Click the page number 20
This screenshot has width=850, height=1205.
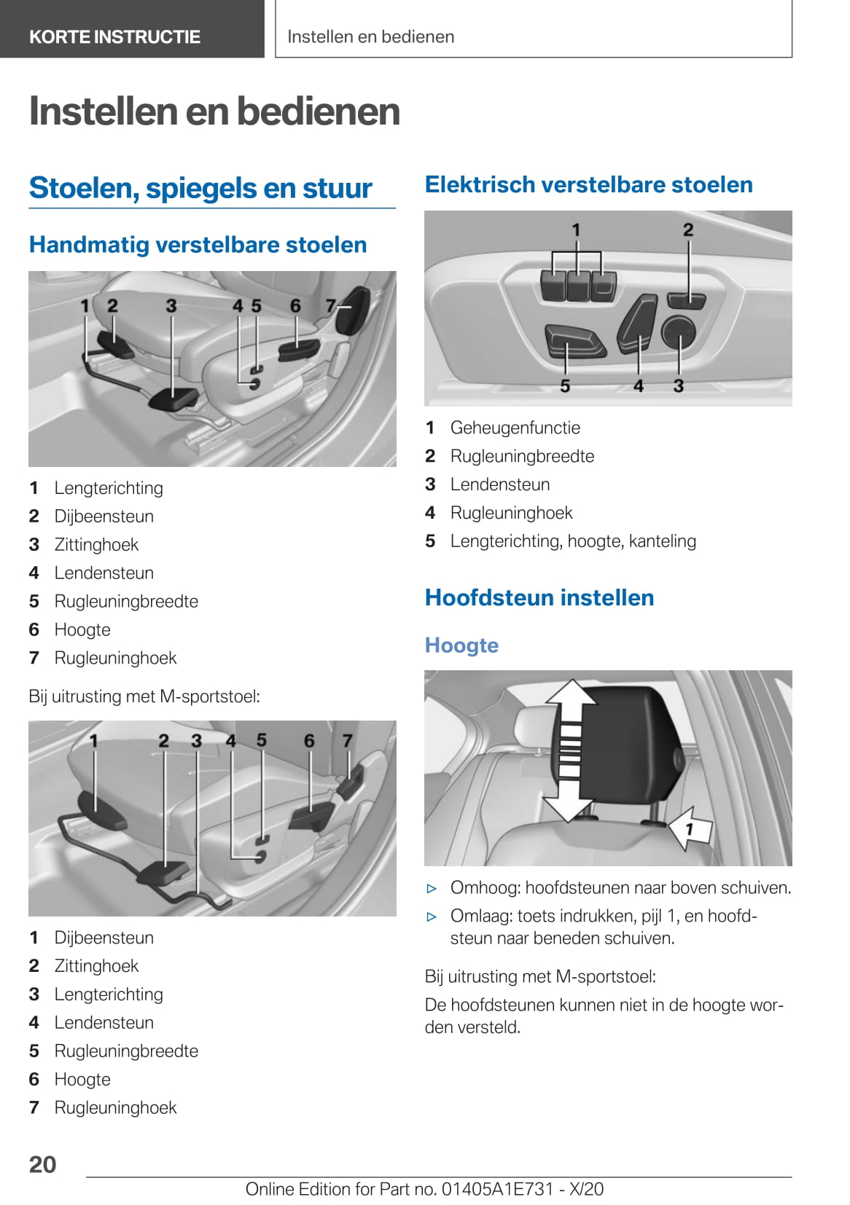(x=42, y=1163)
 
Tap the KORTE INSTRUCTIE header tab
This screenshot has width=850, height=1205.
(x=114, y=36)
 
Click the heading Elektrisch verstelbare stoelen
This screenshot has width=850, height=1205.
(x=588, y=184)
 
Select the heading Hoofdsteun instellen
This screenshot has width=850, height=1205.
(x=539, y=597)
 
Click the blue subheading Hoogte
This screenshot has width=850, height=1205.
(x=461, y=645)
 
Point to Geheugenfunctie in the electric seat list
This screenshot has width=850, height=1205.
(x=515, y=428)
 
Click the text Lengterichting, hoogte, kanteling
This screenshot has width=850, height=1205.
(x=572, y=541)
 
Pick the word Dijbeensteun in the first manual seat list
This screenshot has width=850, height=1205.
(x=104, y=517)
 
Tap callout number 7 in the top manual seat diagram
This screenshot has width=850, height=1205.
(x=331, y=306)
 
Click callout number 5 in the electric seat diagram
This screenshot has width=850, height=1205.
(x=565, y=386)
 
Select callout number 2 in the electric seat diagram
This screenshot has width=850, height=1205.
(x=688, y=230)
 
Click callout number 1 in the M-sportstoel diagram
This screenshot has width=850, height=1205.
(x=93, y=741)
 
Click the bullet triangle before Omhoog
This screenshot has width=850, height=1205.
(x=432, y=888)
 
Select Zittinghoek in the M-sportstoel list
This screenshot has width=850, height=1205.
(x=96, y=966)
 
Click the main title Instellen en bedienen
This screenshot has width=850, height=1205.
(x=214, y=111)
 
